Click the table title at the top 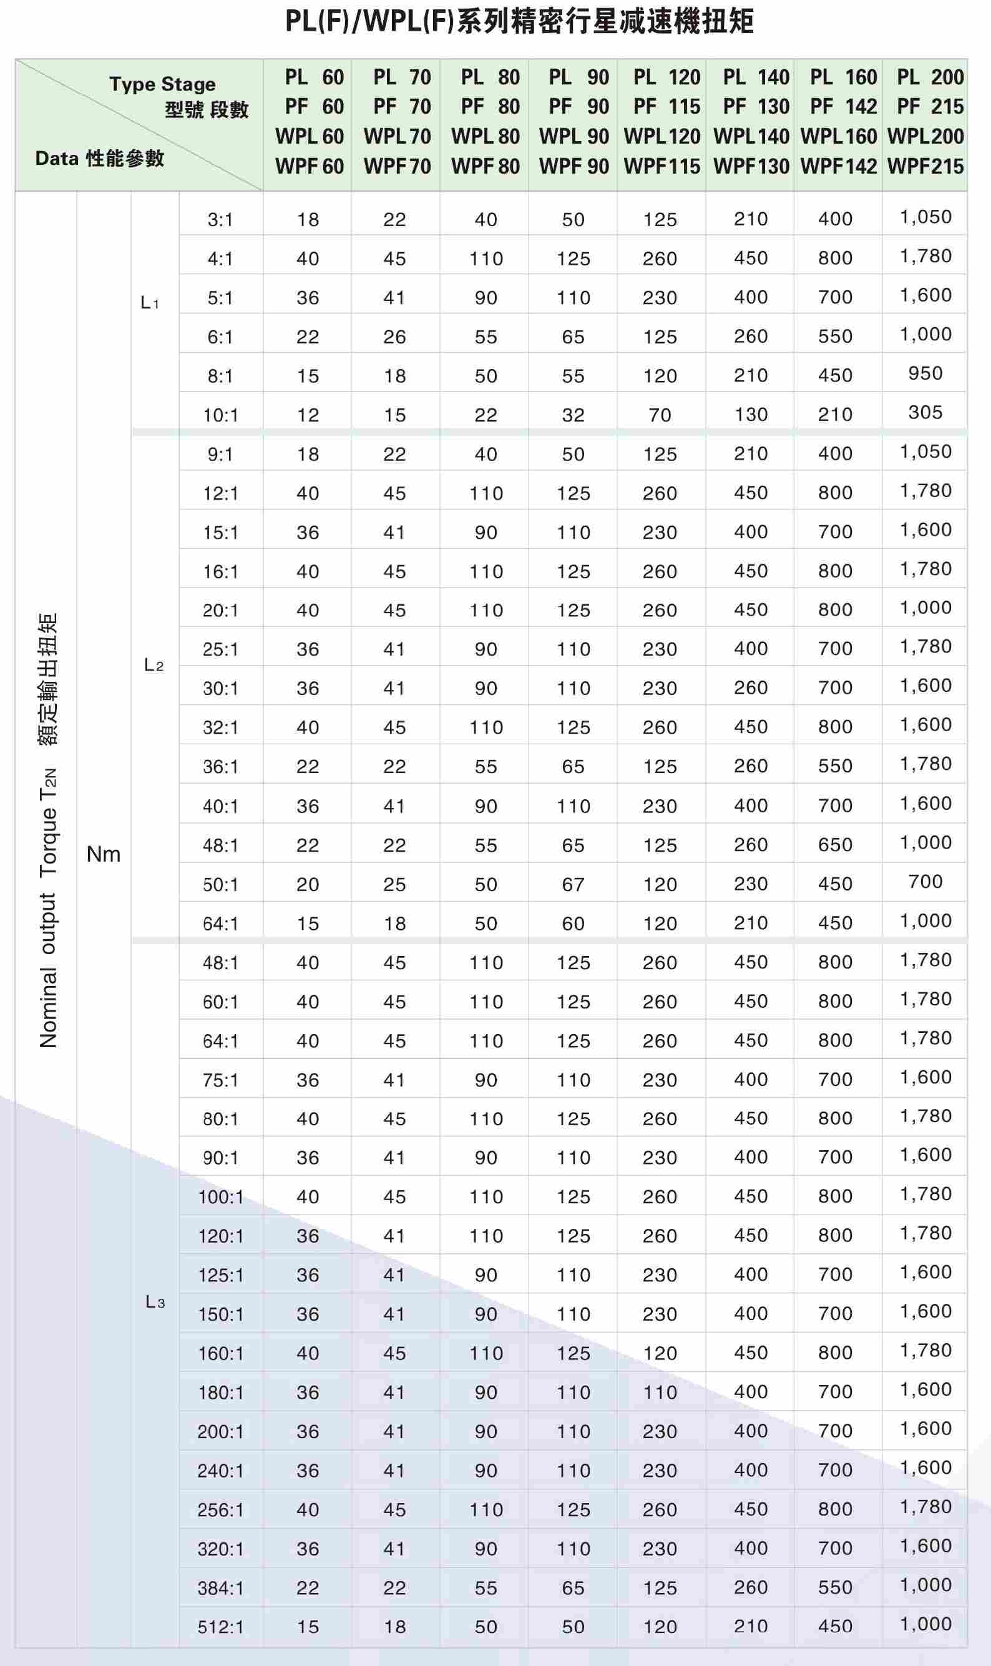(x=520, y=21)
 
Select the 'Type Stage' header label (x=162, y=84)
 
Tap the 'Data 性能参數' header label (x=99, y=159)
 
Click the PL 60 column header (x=308, y=122)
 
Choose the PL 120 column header (x=661, y=122)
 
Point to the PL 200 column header (x=925, y=122)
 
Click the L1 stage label (x=150, y=303)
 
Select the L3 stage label (x=155, y=1301)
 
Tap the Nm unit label (x=104, y=854)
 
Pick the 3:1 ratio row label (x=220, y=220)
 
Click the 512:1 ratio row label (x=220, y=1627)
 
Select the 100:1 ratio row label (x=220, y=1196)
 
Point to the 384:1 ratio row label (x=220, y=1588)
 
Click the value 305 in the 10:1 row (x=925, y=412)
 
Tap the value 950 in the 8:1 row (x=925, y=373)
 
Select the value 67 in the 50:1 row (x=574, y=884)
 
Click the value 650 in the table (x=836, y=844)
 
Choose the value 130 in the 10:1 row (x=751, y=415)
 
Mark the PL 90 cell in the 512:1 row (x=574, y=1627)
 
